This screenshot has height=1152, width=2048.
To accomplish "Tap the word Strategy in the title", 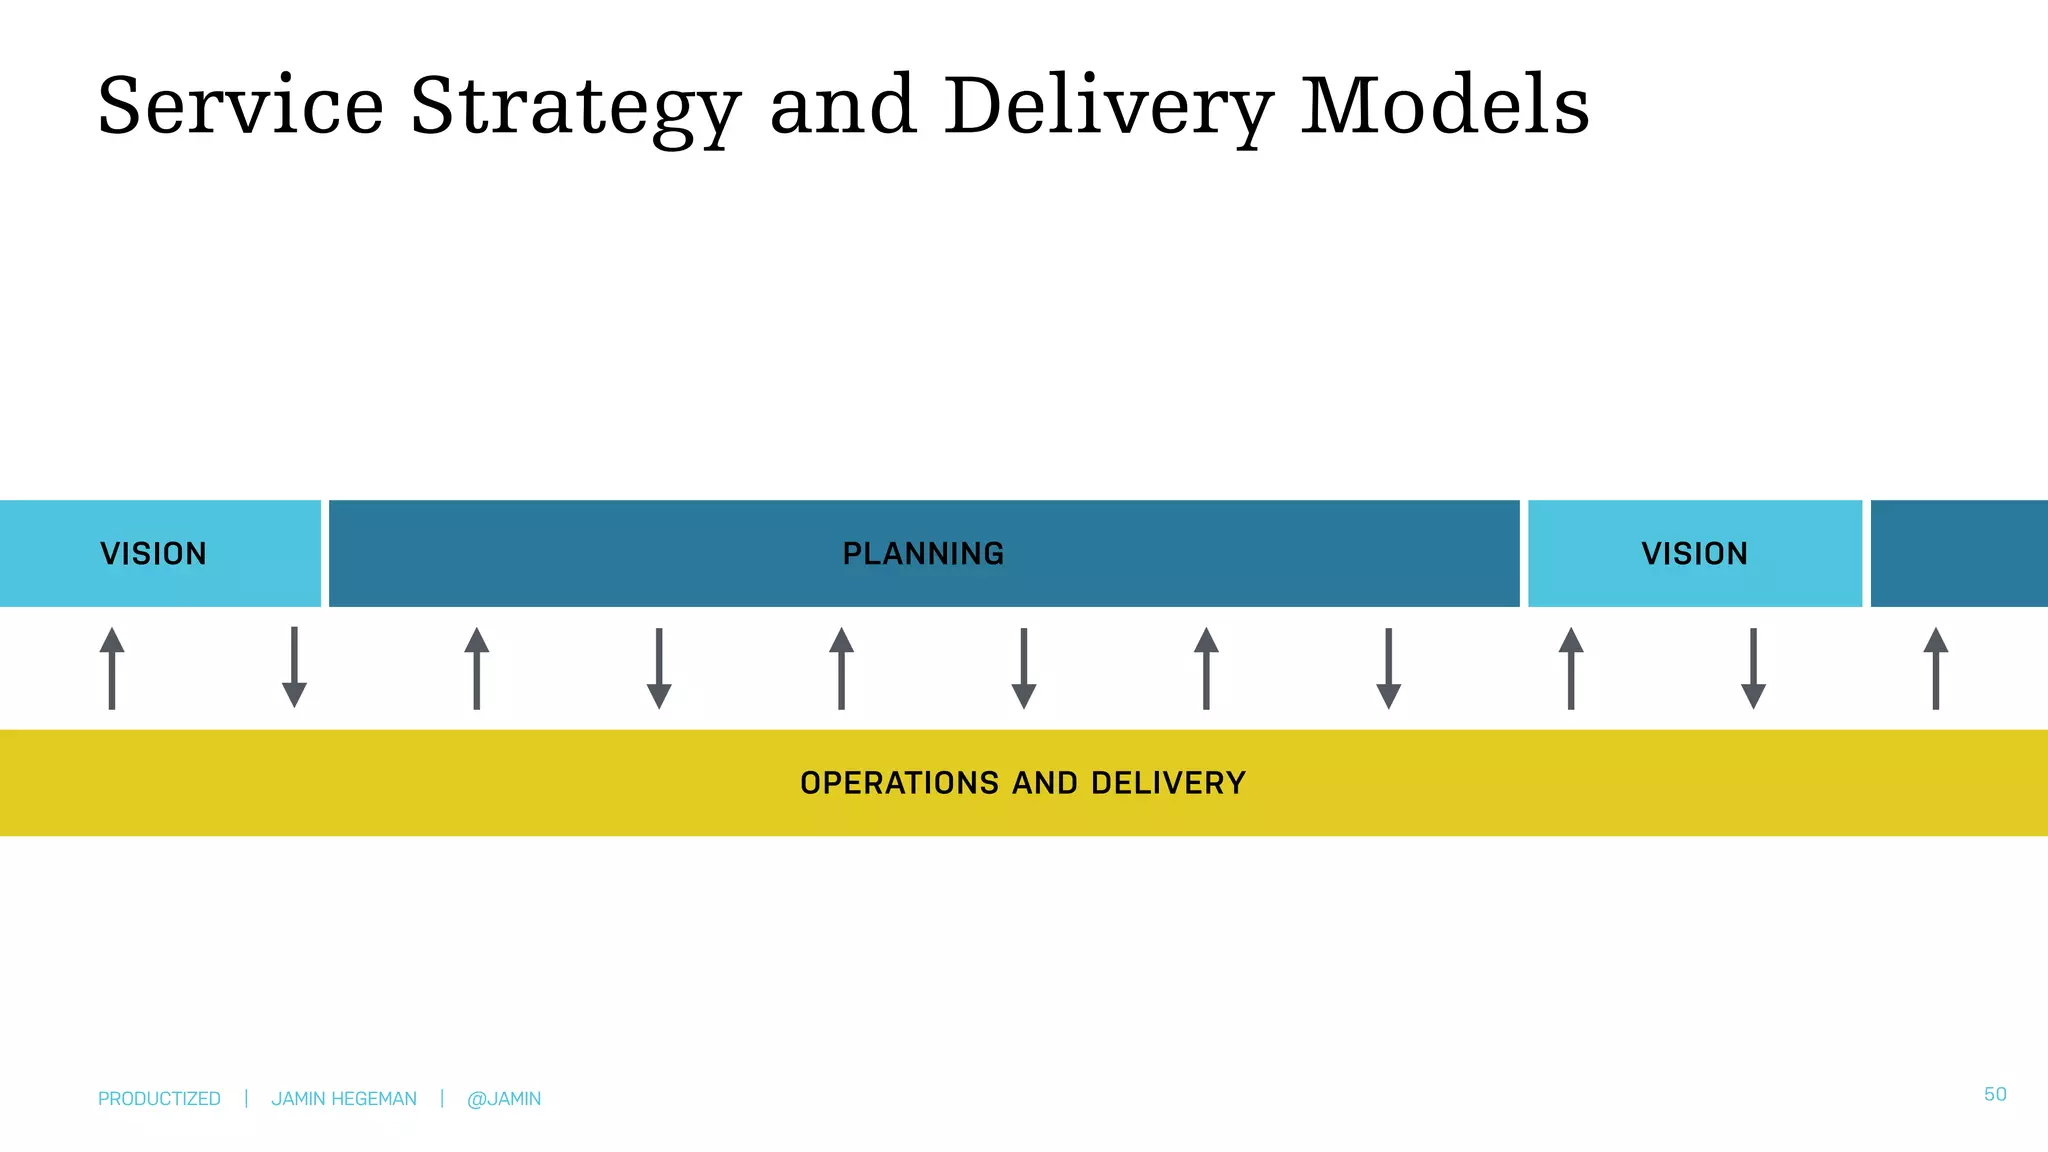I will pyautogui.click(x=575, y=108).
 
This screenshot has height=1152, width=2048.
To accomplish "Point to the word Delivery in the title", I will pyautogui.click(x=1109, y=108).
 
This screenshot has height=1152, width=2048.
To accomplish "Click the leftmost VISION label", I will pyautogui.click(x=153, y=553).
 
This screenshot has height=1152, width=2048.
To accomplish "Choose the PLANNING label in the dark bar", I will pyautogui.click(x=923, y=553).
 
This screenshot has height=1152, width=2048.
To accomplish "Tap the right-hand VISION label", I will pyautogui.click(x=1694, y=553).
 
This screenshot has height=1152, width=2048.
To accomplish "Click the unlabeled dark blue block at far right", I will pyautogui.click(x=1958, y=553).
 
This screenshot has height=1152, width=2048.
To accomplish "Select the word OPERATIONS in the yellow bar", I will pyautogui.click(x=899, y=783).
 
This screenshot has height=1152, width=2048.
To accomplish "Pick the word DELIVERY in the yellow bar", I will pyautogui.click(x=1168, y=783).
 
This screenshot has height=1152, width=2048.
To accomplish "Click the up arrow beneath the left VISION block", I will pyautogui.click(x=112, y=668).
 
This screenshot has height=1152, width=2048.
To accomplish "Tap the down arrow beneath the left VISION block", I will pyautogui.click(x=294, y=668).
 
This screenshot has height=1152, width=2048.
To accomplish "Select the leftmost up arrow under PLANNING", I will pyautogui.click(x=477, y=668).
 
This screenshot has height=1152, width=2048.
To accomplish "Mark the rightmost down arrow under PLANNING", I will pyautogui.click(x=1388, y=668).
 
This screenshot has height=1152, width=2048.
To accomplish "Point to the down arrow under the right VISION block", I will pyautogui.click(x=1753, y=668).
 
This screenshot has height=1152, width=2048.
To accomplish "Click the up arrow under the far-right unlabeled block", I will pyautogui.click(x=1936, y=668).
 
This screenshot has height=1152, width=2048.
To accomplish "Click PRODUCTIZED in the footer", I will pyautogui.click(x=159, y=1099).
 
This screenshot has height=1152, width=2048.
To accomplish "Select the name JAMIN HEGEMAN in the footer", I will pyautogui.click(x=344, y=1099).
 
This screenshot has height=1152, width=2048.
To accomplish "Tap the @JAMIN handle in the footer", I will pyautogui.click(x=504, y=1099).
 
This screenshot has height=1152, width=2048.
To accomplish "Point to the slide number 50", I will pyautogui.click(x=1995, y=1094).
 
